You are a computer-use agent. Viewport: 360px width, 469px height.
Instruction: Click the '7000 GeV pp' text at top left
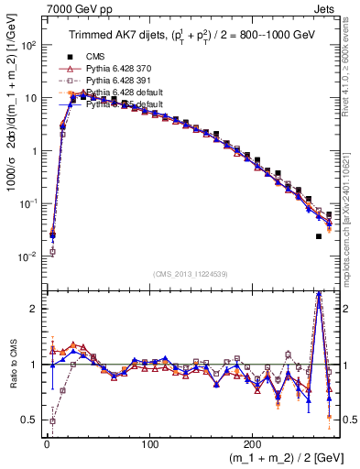70,7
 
